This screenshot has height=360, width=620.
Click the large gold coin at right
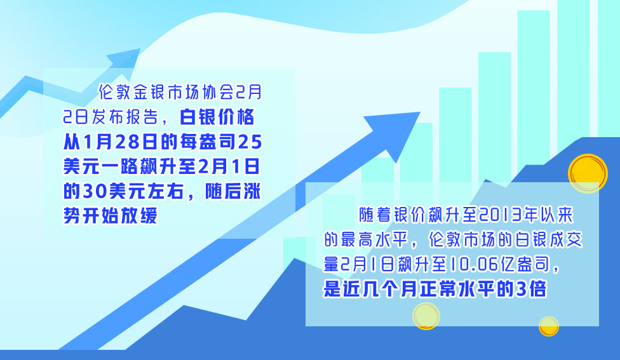[588, 173]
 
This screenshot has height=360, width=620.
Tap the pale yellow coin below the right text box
[426, 316]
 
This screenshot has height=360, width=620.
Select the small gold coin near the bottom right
[549, 326]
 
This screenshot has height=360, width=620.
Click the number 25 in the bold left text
[250, 142]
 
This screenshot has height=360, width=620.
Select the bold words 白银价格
[217, 117]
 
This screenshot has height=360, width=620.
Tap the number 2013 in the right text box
[500, 215]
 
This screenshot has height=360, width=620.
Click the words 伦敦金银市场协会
[166, 92]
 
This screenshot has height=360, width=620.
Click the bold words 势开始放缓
[111, 216]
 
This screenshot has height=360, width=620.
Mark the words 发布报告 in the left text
[125, 117]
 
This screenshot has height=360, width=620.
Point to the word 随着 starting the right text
[375, 215]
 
